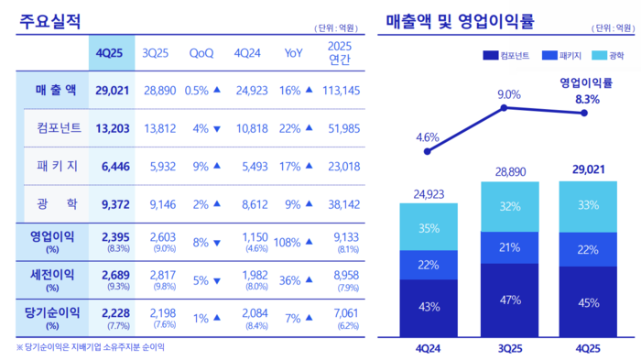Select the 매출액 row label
(53, 90)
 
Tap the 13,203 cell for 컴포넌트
(112, 127)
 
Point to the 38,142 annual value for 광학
(342, 203)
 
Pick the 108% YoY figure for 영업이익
(288, 242)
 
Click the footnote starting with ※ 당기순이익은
(91, 347)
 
